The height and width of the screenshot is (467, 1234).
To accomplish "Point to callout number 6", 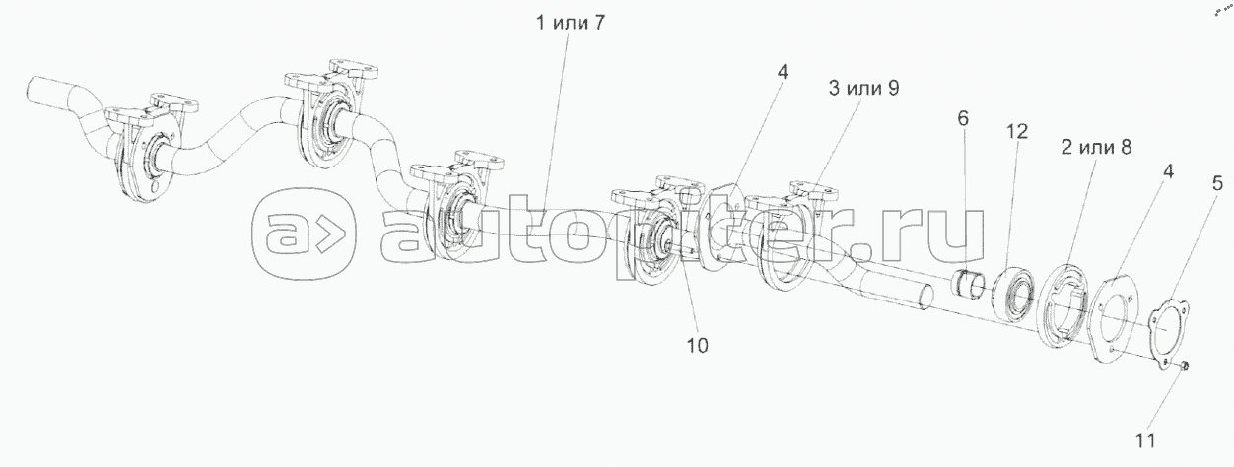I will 962,118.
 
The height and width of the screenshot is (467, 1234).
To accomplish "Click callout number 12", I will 1016,131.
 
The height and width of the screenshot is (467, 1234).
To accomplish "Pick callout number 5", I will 1216,182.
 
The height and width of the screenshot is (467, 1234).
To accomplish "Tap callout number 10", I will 698,345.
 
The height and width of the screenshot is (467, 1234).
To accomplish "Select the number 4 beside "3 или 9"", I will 782,72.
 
